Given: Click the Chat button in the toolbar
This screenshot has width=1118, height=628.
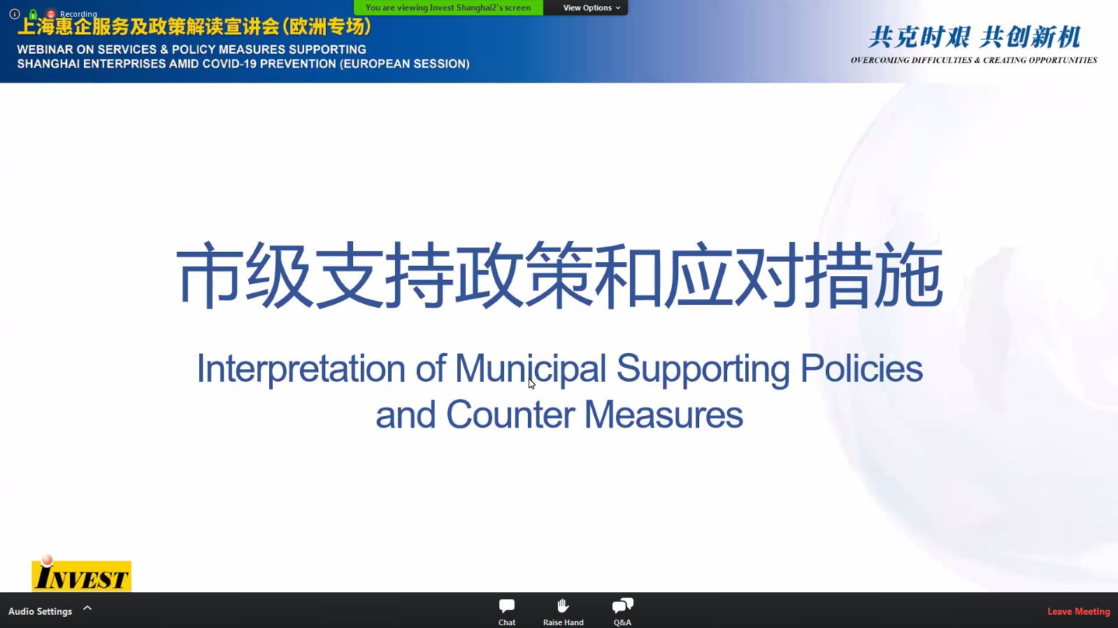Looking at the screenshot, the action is pos(507,611).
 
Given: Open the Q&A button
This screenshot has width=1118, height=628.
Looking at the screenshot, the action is pos(622,611).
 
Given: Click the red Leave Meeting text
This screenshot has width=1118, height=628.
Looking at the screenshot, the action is pos(1079,611).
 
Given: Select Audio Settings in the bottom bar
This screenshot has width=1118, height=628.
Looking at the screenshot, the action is pos(40,611).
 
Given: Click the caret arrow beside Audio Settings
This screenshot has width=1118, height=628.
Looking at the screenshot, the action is pos(87,608).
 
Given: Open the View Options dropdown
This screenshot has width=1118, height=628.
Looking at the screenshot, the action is pos(592,8).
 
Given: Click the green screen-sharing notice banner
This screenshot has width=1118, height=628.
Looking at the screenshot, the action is pos(448,8).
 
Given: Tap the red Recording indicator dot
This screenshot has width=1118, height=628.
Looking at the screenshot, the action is pos(50,14).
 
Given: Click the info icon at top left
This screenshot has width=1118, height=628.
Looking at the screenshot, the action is pos(15,14).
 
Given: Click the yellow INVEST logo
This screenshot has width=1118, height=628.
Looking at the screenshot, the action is pos(81,574).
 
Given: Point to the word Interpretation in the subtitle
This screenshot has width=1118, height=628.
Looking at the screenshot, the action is pos(301,369).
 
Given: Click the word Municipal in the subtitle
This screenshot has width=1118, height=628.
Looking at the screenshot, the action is pos(530,369).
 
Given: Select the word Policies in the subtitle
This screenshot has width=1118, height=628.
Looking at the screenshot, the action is pos(861,369).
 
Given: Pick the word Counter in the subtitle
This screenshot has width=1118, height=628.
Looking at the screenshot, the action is pos(510,415).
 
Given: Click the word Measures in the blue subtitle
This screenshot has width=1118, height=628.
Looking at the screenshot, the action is pos(664,415).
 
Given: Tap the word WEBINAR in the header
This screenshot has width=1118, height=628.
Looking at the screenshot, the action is pos(45,50).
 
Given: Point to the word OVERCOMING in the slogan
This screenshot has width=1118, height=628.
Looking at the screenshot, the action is pos(880,60).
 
